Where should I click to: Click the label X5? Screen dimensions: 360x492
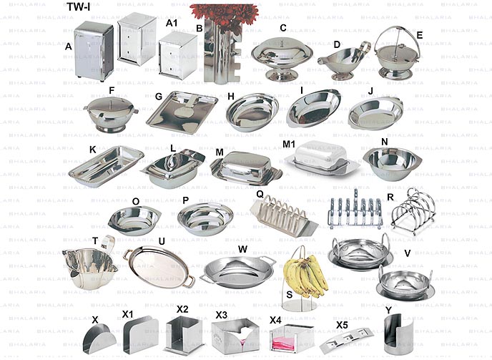pyautogui.click(x=343, y=324)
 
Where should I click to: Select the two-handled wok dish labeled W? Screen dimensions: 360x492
pyautogui.click(x=237, y=269)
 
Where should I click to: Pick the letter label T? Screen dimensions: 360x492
pyautogui.click(x=94, y=240)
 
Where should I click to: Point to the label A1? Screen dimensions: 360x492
pyautogui.click(x=171, y=23)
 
